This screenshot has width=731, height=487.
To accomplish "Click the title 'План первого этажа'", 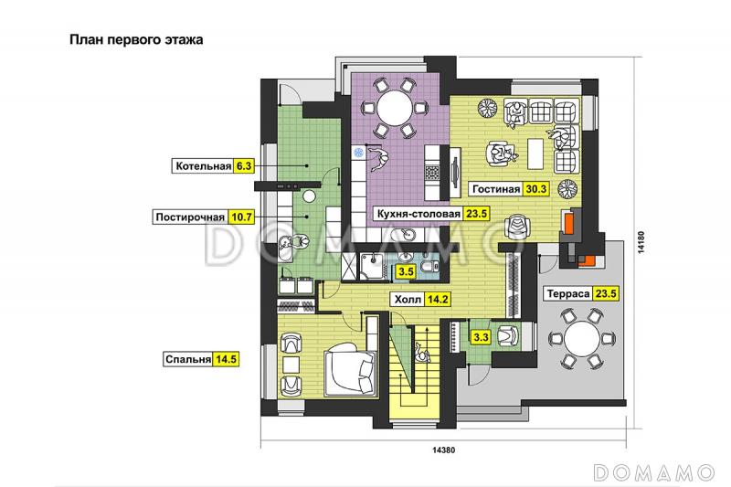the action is tap(136, 39).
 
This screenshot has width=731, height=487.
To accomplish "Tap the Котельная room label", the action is tap(203, 166).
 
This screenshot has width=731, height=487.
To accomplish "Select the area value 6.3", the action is tap(243, 166).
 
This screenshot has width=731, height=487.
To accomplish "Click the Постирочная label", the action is tap(190, 217).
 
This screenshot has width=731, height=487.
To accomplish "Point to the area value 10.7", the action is tap(241, 217).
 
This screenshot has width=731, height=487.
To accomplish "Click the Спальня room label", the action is tap(188, 360).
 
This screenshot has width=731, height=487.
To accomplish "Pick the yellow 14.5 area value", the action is tap(226, 360).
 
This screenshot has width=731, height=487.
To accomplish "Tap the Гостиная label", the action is tap(496, 189).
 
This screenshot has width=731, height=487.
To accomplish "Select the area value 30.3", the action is tap(535, 189).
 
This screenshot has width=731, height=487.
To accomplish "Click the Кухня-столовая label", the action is tap(418, 214).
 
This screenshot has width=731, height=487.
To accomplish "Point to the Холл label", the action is tap(408, 299).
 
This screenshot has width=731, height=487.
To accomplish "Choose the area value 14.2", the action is tap(438, 299).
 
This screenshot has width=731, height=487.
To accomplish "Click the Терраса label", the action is tap(568, 294).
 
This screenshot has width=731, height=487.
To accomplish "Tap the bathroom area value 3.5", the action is tap(406, 271).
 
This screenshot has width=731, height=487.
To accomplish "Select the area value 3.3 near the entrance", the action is tap(481, 336).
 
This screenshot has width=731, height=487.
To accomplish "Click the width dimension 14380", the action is tap(443, 450).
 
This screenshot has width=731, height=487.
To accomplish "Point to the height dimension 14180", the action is tap(641, 242).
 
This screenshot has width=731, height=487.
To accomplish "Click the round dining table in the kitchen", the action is tap(395, 108).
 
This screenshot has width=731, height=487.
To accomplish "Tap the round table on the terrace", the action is tap(582, 339).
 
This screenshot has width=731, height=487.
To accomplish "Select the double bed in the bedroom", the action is tap(350, 370).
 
